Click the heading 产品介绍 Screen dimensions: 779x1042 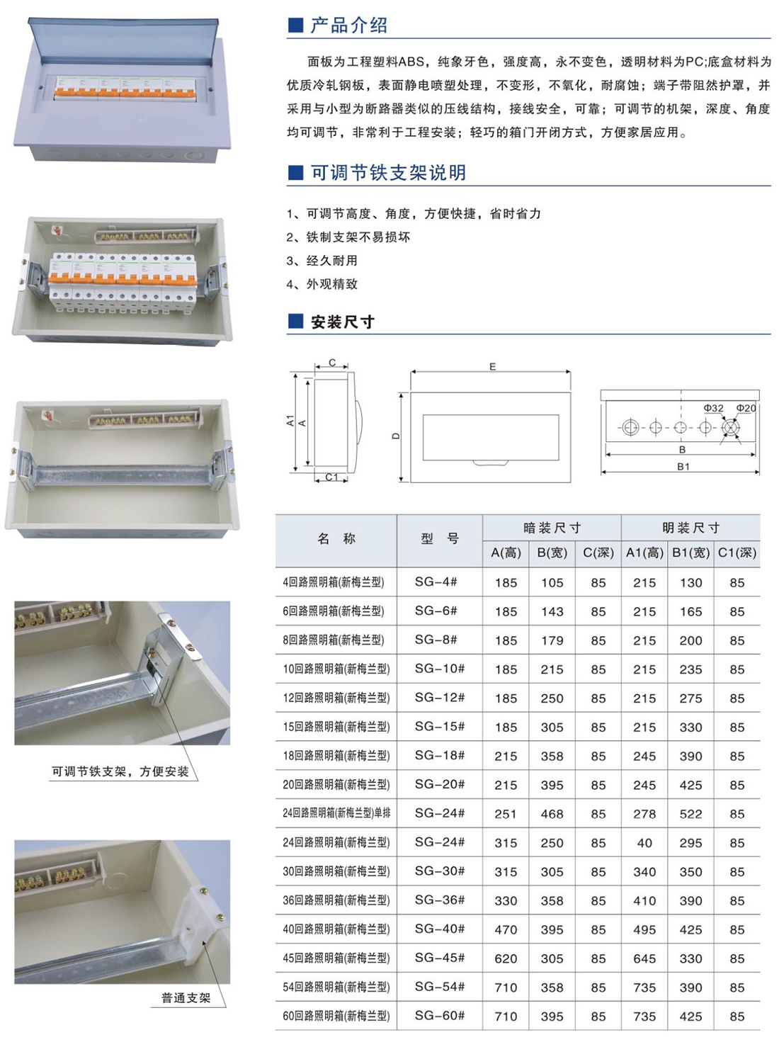click(x=348, y=26)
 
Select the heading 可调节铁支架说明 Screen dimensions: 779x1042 click(x=389, y=172)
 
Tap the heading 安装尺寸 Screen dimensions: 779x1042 click(x=343, y=322)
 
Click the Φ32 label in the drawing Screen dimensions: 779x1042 click(x=713, y=408)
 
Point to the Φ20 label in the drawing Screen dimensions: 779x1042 click(x=746, y=408)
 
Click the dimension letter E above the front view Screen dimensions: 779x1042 click(x=492, y=366)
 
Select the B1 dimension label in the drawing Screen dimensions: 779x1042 click(x=683, y=467)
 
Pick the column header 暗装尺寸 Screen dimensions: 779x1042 click(x=552, y=528)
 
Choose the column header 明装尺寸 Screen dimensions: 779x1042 click(x=690, y=528)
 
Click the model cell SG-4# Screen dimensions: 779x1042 click(x=436, y=582)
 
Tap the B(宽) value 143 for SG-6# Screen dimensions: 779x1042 click(x=552, y=611)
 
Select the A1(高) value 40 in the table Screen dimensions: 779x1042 click(x=644, y=843)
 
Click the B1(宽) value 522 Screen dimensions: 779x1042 click(x=690, y=814)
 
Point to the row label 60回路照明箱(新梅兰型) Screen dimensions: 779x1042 click(x=336, y=1016)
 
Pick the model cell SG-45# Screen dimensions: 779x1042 click(x=439, y=958)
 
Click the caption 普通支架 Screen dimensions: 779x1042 click(x=186, y=998)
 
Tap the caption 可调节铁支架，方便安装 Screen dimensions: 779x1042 click(x=120, y=771)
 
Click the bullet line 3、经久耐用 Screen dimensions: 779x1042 click(x=322, y=261)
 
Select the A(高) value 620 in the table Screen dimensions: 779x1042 click(x=506, y=958)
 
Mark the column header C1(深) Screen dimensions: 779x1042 click(x=737, y=553)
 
